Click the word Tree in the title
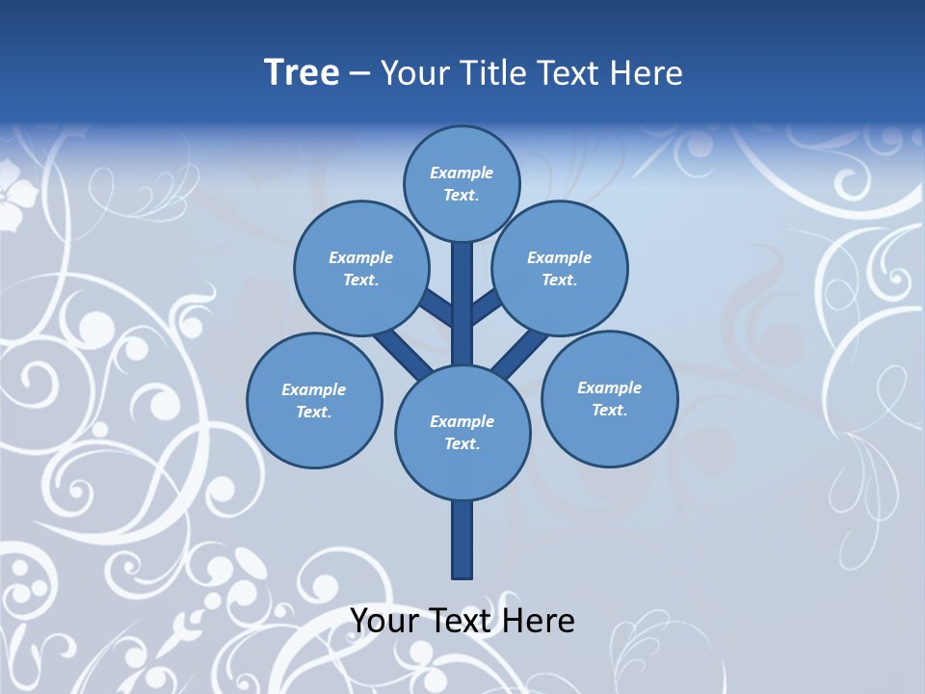tap(302, 73)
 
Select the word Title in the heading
tap(492, 73)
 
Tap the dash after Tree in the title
tap(360, 74)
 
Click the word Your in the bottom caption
tap(385, 621)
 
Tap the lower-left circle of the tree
tap(314, 400)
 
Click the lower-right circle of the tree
tap(609, 397)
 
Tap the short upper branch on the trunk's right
tap(487, 307)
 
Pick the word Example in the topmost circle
tap(462, 173)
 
